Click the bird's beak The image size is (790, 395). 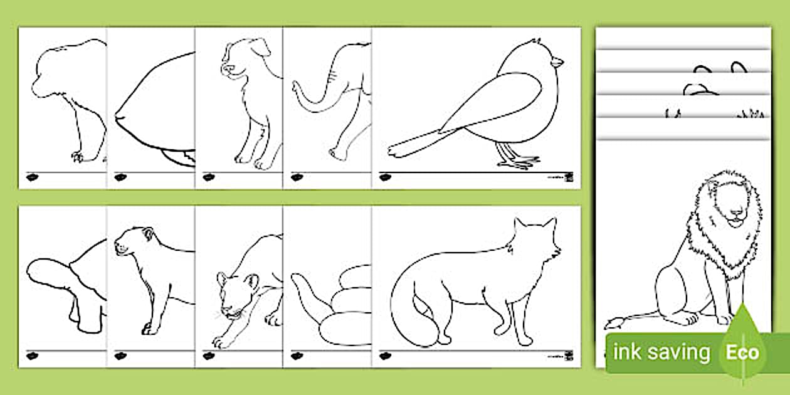[x=557, y=61]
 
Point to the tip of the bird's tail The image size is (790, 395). [x=392, y=151]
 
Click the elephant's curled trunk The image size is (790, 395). [x=299, y=94]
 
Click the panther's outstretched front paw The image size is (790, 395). [x=220, y=342]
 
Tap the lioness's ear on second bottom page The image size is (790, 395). [x=148, y=234]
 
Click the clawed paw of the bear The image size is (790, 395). [x=78, y=156]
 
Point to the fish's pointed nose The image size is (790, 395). [x=117, y=117]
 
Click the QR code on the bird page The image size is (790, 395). [x=568, y=177]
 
